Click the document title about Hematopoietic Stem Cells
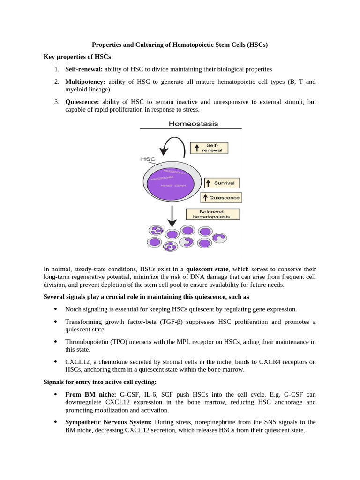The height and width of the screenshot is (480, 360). click(180, 45)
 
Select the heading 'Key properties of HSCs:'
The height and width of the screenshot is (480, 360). click(78, 57)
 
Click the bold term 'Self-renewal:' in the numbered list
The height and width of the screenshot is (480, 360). click(83, 69)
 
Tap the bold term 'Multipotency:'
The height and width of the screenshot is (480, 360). click(85, 82)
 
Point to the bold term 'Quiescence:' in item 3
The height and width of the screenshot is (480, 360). click(82, 101)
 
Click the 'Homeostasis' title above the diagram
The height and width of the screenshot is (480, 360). click(193, 124)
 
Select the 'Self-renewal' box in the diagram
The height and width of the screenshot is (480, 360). click(209, 148)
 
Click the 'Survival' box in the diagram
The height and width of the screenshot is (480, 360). click(222, 183)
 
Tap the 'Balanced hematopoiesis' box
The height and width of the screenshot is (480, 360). click(213, 214)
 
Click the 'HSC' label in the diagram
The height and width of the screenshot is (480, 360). click(148, 159)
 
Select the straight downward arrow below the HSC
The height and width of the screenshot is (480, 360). click(172, 216)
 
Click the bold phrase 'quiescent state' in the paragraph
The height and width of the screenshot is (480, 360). click(207, 269)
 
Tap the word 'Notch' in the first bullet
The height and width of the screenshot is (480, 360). click(74, 309)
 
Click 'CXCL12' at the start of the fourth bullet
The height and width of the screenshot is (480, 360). click(76, 361)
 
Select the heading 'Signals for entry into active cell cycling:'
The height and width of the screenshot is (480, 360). click(100, 382)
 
